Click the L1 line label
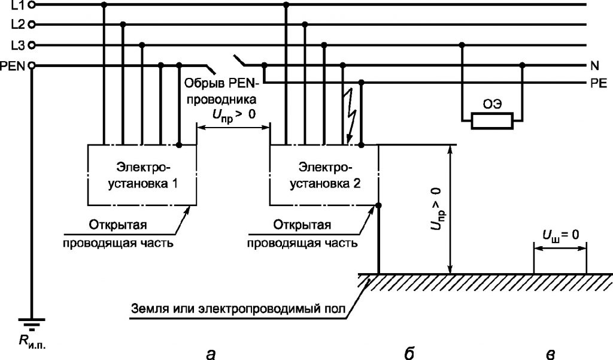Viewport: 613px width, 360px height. [x=19, y=5]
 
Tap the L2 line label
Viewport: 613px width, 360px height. [x=19, y=25]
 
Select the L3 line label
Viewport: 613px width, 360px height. [x=19, y=46]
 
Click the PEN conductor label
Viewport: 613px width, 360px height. [x=13, y=66]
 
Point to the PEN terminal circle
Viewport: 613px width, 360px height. [x=32, y=66]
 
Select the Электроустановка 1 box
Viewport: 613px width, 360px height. [x=142, y=176]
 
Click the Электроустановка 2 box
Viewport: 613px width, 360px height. [x=324, y=176]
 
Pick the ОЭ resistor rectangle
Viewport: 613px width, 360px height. [x=492, y=121]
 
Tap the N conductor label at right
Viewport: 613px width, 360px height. [x=594, y=66]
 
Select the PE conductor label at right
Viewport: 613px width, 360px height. [x=599, y=83]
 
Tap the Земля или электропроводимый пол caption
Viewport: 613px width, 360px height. [x=238, y=308]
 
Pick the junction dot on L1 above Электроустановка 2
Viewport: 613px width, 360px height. [x=286, y=5]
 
